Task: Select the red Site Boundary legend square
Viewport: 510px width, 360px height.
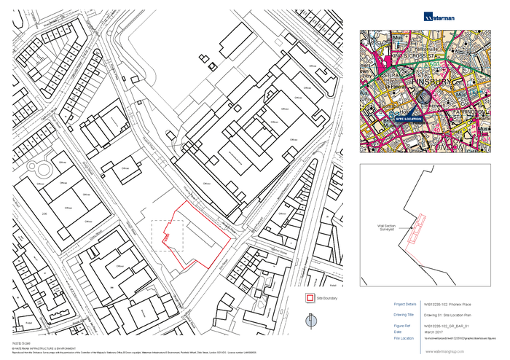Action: tap(310, 298)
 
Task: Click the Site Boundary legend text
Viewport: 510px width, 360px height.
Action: tap(326, 298)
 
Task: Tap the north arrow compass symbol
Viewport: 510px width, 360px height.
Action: tap(311, 321)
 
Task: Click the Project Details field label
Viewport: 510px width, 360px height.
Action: tap(405, 304)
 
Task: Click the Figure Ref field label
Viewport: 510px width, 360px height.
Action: tap(402, 326)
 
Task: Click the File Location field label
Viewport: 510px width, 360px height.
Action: tap(404, 337)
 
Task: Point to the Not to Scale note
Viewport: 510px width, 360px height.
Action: tap(20, 341)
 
